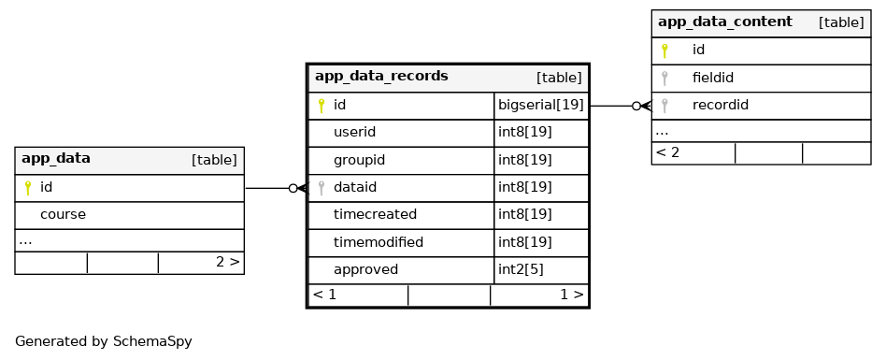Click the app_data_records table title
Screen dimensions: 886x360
pyautogui.click(x=381, y=77)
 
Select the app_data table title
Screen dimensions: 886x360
pyautogui.click(x=56, y=158)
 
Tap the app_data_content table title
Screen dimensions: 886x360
pyautogui.click(x=725, y=22)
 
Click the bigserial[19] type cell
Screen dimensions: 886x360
pyautogui.click(x=541, y=105)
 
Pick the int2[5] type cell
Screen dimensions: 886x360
pyautogui.click(x=521, y=269)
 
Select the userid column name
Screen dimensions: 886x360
pyautogui.click(x=354, y=132)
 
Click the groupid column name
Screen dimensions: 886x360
pyautogui.click(x=360, y=160)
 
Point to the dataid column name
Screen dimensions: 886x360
pyautogui.click(x=355, y=187)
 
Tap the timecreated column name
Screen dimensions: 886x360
pyautogui.click(x=375, y=215)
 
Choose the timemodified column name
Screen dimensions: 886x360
pyautogui.click(x=378, y=242)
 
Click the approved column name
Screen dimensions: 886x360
pyautogui.click(x=365, y=269)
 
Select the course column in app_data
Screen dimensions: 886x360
pyautogui.click(x=63, y=215)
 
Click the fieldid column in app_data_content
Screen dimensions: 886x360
pyautogui.click(x=713, y=78)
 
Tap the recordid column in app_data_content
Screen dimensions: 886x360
pyautogui.click(x=721, y=105)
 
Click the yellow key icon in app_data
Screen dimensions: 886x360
pyautogui.click(x=28, y=188)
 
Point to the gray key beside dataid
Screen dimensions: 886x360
pyautogui.click(x=322, y=188)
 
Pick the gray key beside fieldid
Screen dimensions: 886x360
pyautogui.click(x=665, y=78)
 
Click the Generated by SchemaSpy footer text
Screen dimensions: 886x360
pyautogui.click(x=104, y=341)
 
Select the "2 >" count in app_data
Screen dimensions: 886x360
pyautogui.click(x=228, y=262)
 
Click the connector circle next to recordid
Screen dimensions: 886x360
pyautogui.click(x=636, y=106)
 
